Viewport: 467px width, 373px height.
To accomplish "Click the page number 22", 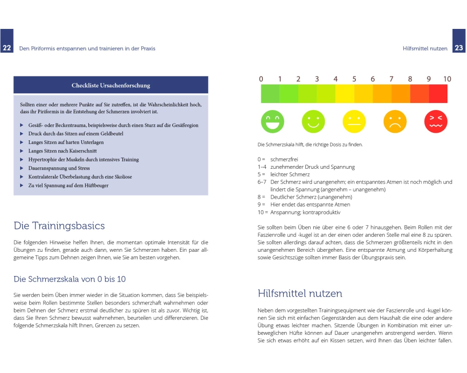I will (7, 48).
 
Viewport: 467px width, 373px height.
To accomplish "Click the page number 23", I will (459, 48).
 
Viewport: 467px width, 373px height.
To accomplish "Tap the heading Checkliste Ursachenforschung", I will (111, 85).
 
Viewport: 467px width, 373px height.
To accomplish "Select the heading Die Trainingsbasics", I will (59, 226).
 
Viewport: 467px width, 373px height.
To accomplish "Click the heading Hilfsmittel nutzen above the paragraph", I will (300, 293).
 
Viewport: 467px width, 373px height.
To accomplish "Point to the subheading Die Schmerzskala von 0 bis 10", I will (70, 279).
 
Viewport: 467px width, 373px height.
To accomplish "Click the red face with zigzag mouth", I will (436, 121).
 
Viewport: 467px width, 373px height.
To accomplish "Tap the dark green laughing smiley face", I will (272, 121).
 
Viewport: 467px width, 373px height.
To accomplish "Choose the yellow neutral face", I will (354, 121).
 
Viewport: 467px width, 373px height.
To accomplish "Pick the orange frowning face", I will (395, 121).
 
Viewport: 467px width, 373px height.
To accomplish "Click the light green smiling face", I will (313, 121).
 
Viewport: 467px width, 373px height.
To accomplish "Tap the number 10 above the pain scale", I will (447, 79).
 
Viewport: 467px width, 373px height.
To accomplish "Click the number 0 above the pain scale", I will (261, 79).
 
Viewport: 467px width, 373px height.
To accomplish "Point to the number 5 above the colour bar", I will (354, 79).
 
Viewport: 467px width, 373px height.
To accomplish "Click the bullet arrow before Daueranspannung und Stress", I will (21, 168).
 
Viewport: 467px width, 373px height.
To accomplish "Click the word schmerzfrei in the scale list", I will (284, 159).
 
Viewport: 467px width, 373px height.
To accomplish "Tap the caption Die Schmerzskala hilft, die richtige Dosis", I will (310, 145).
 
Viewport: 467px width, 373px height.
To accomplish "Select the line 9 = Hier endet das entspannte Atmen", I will (304, 205).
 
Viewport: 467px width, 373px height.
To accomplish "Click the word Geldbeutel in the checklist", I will (110, 134).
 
